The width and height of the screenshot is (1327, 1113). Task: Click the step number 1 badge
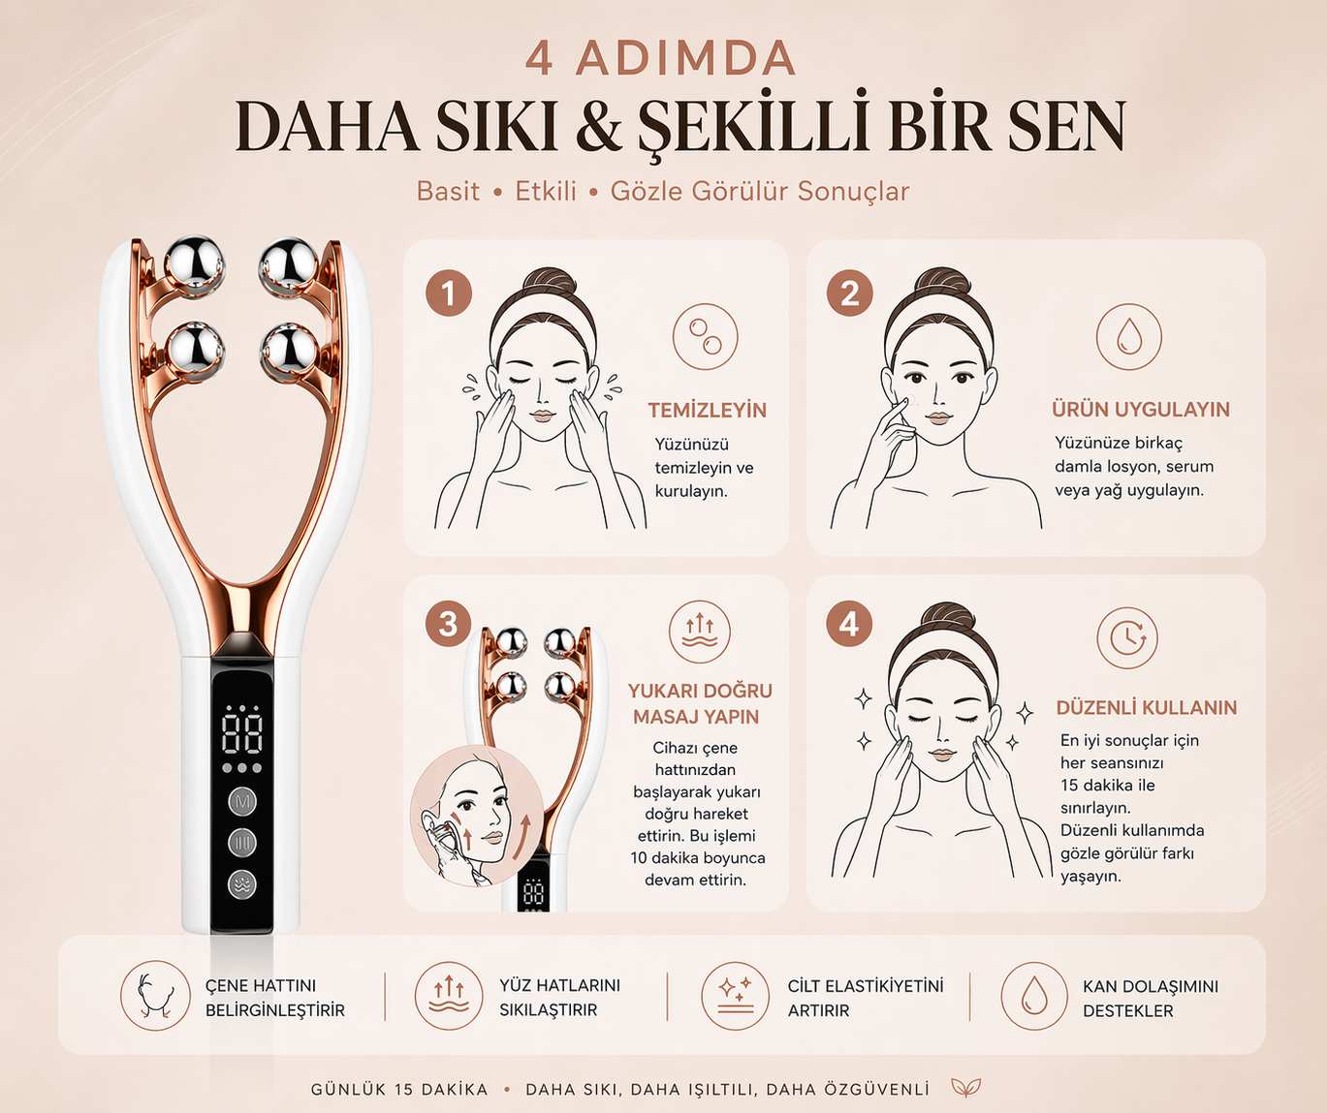pyautogui.click(x=449, y=294)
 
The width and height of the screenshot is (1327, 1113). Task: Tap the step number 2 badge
pyautogui.click(x=850, y=294)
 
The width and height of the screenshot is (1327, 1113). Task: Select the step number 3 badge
pyautogui.click(x=448, y=624)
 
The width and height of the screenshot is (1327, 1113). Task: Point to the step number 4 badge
pyautogui.click(x=850, y=624)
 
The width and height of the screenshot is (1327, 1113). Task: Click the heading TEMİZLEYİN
pyautogui.click(x=708, y=411)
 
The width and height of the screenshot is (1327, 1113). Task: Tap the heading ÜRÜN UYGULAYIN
pyautogui.click(x=1141, y=410)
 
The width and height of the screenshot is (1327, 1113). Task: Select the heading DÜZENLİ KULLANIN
pyautogui.click(x=1147, y=708)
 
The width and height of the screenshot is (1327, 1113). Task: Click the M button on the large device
pyautogui.click(x=242, y=802)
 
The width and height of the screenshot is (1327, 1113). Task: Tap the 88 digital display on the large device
pyautogui.click(x=242, y=733)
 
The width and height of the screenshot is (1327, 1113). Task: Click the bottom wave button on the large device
pyautogui.click(x=242, y=883)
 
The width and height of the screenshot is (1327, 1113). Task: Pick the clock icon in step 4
pyautogui.click(x=1127, y=637)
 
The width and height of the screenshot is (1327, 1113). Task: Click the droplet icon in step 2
pyautogui.click(x=1129, y=337)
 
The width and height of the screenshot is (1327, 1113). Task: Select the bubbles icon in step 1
pyautogui.click(x=706, y=337)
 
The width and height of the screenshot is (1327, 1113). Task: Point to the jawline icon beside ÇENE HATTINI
pyautogui.click(x=156, y=996)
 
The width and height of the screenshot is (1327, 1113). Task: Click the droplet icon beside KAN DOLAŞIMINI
pyautogui.click(x=1034, y=996)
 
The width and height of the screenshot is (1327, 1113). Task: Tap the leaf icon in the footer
pyautogui.click(x=966, y=1088)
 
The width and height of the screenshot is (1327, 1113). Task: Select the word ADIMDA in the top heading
pyautogui.click(x=685, y=58)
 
